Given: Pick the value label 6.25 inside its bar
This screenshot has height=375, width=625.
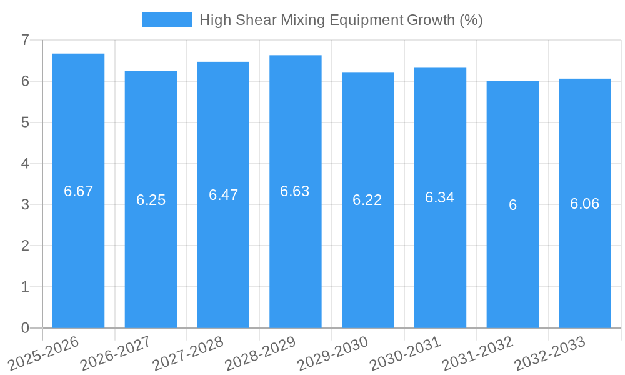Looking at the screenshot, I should coord(151,200).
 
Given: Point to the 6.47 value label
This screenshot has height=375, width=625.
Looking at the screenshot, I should coord(223,195).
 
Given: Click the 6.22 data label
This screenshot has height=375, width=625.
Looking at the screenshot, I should coord(367,200).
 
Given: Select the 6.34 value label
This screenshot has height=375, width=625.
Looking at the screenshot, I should coord(439,197).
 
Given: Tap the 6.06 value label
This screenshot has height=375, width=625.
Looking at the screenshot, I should coord(584,204).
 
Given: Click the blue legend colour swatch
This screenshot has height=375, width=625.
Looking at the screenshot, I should coord(166,20).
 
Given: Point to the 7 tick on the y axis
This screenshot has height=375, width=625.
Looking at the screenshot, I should coord(25,40).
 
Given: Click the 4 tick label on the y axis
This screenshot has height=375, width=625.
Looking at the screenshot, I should coord(25,163).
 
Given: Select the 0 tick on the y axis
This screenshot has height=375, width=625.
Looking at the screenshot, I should coord(25,328).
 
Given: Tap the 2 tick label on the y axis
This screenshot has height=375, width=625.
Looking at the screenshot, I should coord(25,246).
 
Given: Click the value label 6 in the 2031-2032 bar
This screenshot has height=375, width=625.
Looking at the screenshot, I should coord(512,205).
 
